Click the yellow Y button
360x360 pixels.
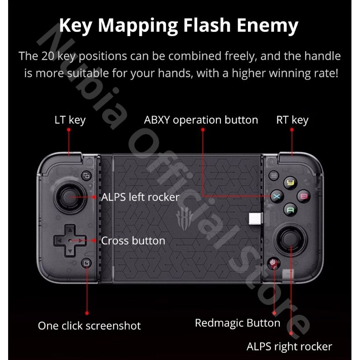pyautogui.click(x=291, y=183)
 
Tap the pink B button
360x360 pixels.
pyautogui.click(x=304, y=196)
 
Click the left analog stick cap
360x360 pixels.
pyautogui.click(x=69, y=196)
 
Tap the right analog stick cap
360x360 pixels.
pyautogui.click(x=290, y=240)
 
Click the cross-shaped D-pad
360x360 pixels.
pyautogui.click(x=69, y=240)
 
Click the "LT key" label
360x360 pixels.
pyautogui.click(x=70, y=120)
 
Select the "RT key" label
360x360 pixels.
pyautogui.click(x=292, y=120)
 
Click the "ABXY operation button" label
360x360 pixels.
pyautogui.click(x=201, y=120)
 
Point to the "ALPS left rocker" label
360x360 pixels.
pyautogui.click(x=140, y=197)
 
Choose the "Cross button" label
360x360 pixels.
pyautogui.click(x=133, y=241)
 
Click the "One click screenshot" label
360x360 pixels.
pyautogui.click(x=89, y=325)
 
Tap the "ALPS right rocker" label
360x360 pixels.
pyautogui.click(x=289, y=346)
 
